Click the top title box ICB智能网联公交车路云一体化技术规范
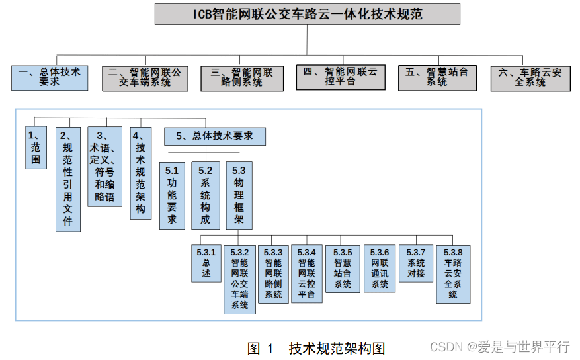tap(307, 15)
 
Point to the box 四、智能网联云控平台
tap(340, 77)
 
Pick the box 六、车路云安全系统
tap(530, 77)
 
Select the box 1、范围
tap(36, 148)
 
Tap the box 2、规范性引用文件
tap(67, 179)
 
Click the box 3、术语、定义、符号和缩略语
tap(104, 166)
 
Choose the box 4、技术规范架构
tap(140, 173)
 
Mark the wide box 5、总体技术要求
tap(214, 136)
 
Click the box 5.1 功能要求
tap(172, 195)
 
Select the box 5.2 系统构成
tap(205, 195)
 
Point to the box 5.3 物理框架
tap(239, 195)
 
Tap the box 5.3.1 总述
tap(206, 263)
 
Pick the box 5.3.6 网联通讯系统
tap(380, 268)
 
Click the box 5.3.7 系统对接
tap(415, 263)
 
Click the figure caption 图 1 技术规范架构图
tap(316, 348)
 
